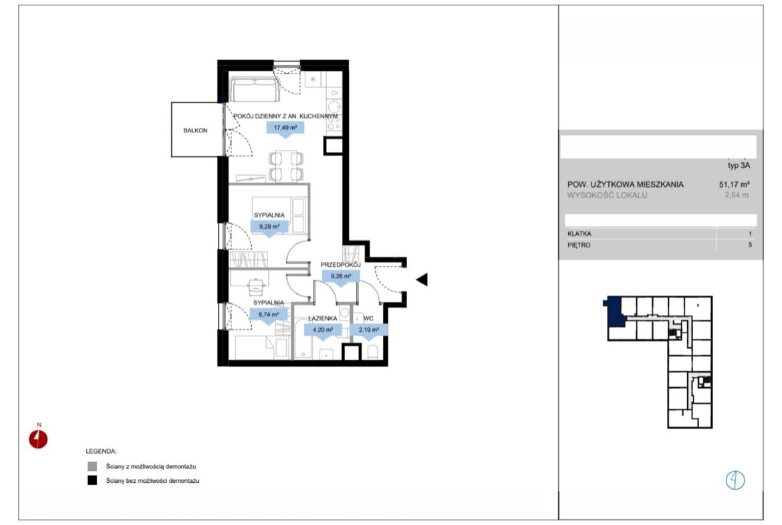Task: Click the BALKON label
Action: (x=195, y=130)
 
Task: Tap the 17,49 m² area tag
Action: (x=285, y=128)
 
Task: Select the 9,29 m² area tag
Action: (x=269, y=227)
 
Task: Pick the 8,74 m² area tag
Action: (x=268, y=315)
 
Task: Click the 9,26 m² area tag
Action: (x=341, y=276)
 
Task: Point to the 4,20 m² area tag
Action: (x=323, y=330)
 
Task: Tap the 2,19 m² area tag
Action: (x=368, y=330)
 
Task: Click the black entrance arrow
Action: (x=422, y=280)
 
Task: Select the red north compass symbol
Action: (x=38, y=439)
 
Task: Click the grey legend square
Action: (x=92, y=467)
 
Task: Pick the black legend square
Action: (x=92, y=481)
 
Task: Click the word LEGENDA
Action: (x=101, y=451)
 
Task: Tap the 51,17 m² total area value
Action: (x=735, y=184)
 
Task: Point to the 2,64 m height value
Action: (x=737, y=195)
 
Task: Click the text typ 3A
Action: (x=739, y=165)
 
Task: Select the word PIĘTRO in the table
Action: (x=579, y=245)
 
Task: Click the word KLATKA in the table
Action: (x=579, y=233)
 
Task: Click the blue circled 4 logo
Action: (x=735, y=480)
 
